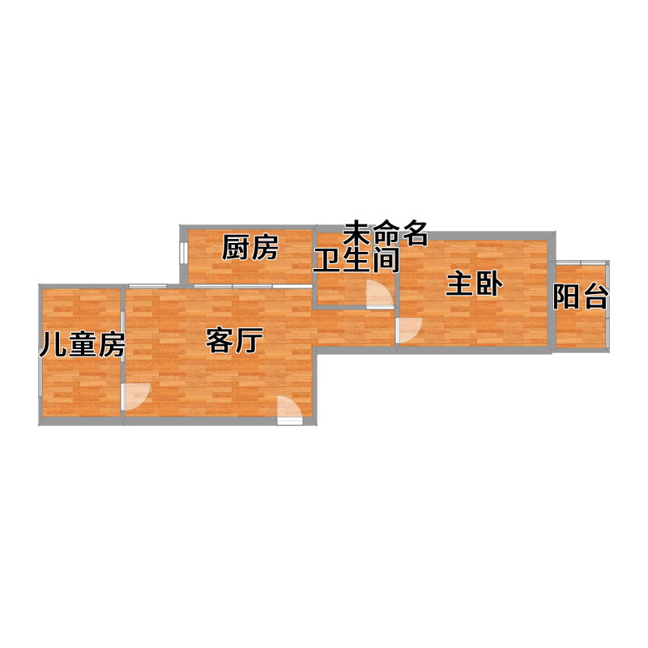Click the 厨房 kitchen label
click(250, 248)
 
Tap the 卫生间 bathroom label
click(356, 260)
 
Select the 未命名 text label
click(386, 233)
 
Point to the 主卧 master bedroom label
click(474, 284)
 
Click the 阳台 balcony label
click(581, 296)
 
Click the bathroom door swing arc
click(381, 294)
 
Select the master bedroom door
click(409, 330)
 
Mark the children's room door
click(135, 397)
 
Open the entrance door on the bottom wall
click(290, 410)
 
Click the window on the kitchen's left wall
click(184, 252)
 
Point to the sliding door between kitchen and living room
click(253, 286)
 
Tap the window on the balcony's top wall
click(581, 262)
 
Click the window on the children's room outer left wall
click(40, 373)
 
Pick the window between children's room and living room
click(123, 337)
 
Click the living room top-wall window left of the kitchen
click(147, 286)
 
